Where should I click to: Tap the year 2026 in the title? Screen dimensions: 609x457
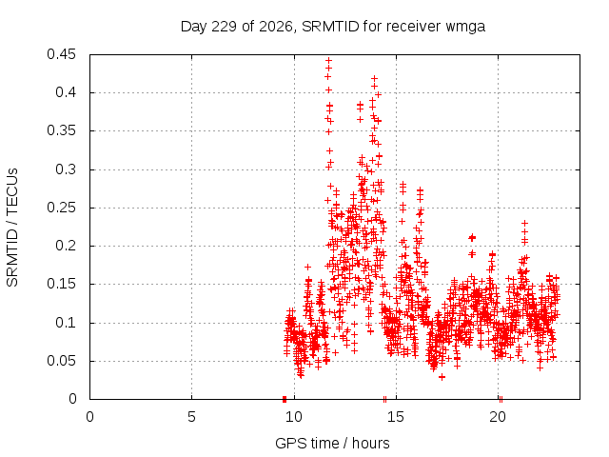point(276,27)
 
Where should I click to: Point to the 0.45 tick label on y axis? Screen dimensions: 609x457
point(61,54)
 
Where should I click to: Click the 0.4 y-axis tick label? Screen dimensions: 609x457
point(66,92)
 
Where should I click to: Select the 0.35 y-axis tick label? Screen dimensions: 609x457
point(61,130)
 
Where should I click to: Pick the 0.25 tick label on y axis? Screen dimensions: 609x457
point(61,208)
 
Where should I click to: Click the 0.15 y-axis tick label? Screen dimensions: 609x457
point(61,284)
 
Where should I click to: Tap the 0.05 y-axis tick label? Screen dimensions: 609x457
point(61,361)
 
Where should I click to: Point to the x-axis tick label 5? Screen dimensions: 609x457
point(191,417)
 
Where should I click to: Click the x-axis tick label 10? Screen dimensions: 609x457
point(294,417)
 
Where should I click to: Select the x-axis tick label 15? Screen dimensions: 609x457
point(396,417)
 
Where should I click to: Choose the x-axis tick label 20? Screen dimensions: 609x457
point(498,417)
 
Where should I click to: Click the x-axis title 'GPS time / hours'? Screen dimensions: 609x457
point(332,444)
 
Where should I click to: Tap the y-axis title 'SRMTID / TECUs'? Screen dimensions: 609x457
point(12,228)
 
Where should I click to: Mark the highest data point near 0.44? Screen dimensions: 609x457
point(328,60)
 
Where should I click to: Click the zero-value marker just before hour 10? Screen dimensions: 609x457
point(285,399)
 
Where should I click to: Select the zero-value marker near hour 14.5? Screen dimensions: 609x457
point(384,399)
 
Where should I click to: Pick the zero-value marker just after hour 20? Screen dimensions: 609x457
point(501,399)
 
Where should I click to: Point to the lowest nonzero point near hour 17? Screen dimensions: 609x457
point(442,377)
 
